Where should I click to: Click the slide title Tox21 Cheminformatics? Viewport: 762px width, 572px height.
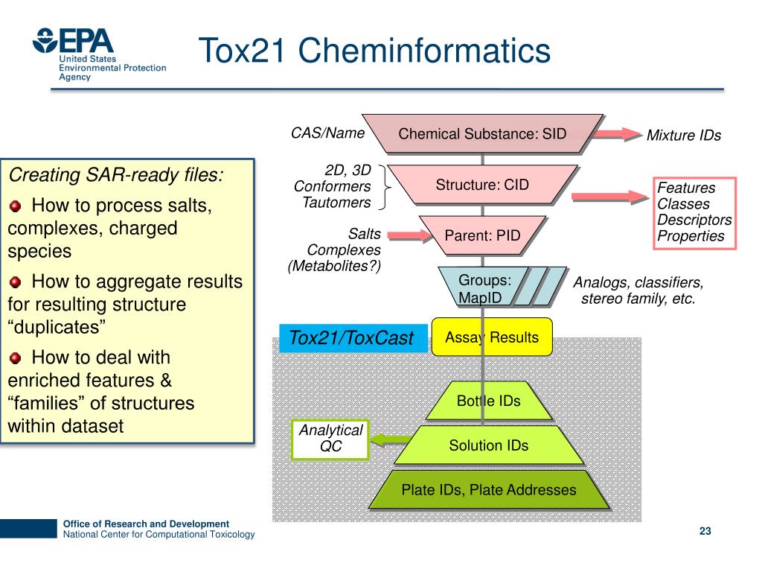(x=374, y=51)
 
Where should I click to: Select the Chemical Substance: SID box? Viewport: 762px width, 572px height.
(x=482, y=134)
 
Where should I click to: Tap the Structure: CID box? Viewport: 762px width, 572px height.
(x=482, y=185)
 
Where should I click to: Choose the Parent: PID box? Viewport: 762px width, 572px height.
(x=482, y=236)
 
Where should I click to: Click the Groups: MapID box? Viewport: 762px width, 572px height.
(x=484, y=289)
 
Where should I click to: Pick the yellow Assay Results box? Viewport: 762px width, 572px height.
(x=492, y=337)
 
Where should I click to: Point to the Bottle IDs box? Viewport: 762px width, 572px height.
(x=488, y=401)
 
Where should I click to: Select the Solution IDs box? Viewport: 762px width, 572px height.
(x=488, y=445)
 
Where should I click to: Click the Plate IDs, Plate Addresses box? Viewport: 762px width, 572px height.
(x=488, y=490)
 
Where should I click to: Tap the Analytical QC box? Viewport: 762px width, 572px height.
(x=330, y=439)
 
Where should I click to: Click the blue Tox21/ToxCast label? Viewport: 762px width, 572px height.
(x=350, y=338)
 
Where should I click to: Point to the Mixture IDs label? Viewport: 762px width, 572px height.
(x=684, y=136)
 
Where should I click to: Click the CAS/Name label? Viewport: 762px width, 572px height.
(x=327, y=133)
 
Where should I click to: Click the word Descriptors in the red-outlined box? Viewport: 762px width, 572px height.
(x=694, y=220)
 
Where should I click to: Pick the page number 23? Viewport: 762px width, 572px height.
(x=705, y=531)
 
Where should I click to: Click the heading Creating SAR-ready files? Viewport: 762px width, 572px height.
(x=115, y=175)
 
